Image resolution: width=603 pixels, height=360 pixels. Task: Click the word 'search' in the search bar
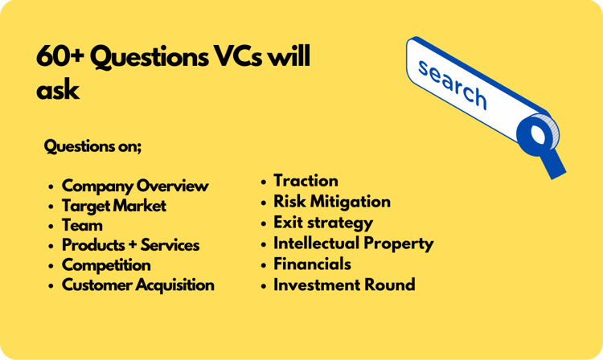point(453,84)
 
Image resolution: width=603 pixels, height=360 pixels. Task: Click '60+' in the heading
point(60,56)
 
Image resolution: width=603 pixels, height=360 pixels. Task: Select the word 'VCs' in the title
point(238,56)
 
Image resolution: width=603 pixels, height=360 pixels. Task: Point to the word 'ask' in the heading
point(58,90)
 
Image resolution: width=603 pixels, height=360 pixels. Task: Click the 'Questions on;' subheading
point(92,146)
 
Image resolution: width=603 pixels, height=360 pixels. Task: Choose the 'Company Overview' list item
point(135,186)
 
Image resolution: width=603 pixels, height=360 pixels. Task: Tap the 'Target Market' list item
point(114,206)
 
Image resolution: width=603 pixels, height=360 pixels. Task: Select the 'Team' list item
point(82,226)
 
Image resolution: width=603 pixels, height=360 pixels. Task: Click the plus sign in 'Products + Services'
point(131,246)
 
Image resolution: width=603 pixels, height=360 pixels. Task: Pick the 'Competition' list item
point(106,265)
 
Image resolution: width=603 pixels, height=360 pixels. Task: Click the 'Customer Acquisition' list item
point(138,285)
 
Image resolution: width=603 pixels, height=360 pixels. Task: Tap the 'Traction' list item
point(306,181)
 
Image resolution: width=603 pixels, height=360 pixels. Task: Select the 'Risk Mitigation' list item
point(332,202)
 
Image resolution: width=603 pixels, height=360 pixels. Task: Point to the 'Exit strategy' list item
point(323,223)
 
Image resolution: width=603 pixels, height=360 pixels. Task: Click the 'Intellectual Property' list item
point(354,243)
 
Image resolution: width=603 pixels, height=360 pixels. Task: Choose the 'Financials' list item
point(312,264)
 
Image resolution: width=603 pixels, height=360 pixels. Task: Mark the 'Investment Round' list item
point(344,285)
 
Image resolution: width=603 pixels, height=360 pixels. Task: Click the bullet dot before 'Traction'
point(264,182)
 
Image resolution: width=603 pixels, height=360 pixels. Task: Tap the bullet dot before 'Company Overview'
point(51,186)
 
